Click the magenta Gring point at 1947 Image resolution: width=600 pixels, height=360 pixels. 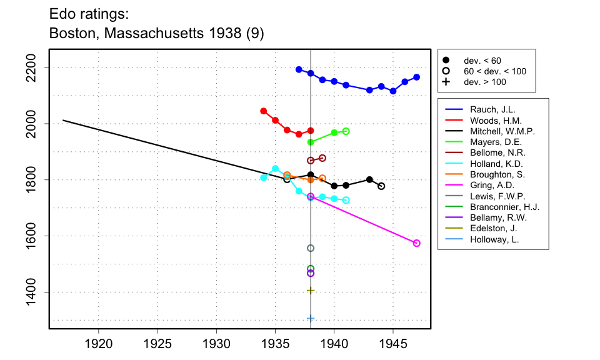pyautogui.click(x=417, y=243)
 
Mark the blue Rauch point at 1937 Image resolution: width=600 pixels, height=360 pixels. pyautogui.click(x=299, y=69)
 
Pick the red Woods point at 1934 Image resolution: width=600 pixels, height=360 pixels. pyautogui.click(x=264, y=111)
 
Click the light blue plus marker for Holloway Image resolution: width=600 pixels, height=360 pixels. pyautogui.click(x=311, y=319)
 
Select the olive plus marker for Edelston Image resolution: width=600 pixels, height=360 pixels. pyautogui.click(x=311, y=291)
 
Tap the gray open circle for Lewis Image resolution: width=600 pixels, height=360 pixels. pyautogui.click(x=311, y=248)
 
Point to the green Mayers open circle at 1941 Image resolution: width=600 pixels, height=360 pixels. pyautogui.click(x=346, y=131)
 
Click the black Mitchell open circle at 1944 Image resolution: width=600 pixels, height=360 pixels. pyautogui.click(x=381, y=186)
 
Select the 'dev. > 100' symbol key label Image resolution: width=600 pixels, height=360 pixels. pyautogui.click(x=485, y=82)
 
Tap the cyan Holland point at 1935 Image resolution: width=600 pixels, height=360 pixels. pyautogui.click(x=276, y=168)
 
